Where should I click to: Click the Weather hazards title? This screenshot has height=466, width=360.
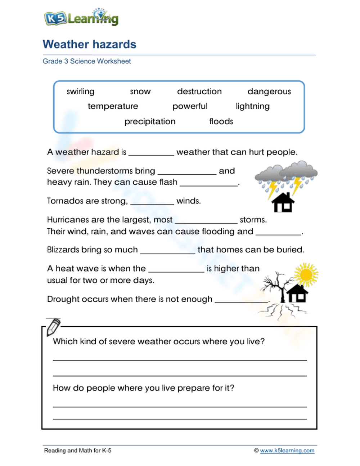click(x=89, y=44)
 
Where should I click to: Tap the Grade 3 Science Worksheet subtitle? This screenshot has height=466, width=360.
click(x=86, y=61)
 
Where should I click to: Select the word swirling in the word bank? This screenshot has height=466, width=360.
click(x=80, y=91)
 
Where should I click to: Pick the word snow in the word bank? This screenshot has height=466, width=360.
click(x=140, y=91)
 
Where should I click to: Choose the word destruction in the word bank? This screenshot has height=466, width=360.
click(x=199, y=91)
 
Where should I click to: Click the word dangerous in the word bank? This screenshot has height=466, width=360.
click(x=269, y=91)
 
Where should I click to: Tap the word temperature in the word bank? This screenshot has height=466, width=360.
click(x=113, y=106)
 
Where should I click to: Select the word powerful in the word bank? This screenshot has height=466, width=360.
click(x=190, y=106)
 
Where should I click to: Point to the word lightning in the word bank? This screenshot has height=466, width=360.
click(x=252, y=106)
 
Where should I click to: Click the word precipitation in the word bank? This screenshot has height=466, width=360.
click(x=150, y=121)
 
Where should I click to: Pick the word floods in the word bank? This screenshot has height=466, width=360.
click(x=221, y=121)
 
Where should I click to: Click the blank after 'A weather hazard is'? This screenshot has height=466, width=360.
click(x=151, y=153)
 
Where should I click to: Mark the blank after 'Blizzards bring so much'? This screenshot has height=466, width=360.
click(x=167, y=251)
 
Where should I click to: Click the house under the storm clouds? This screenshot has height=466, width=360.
click(x=283, y=202)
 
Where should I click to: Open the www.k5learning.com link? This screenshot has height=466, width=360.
click(x=287, y=451)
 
